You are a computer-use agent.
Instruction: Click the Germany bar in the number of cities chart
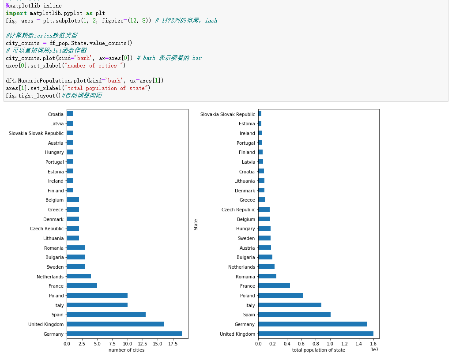pyautogui.click(x=124, y=334)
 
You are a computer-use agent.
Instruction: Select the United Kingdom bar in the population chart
pyautogui.click(x=316, y=334)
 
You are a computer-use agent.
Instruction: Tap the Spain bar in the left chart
pyautogui.click(x=106, y=315)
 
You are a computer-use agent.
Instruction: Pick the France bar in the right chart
pyautogui.click(x=274, y=286)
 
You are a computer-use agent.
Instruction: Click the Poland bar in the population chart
pyautogui.click(x=281, y=296)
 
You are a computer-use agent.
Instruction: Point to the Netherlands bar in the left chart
pyautogui.click(x=79, y=277)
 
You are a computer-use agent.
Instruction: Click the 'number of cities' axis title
pyautogui.click(x=126, y=350)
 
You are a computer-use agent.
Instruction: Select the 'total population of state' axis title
pyautogui.click(x=318, y=350)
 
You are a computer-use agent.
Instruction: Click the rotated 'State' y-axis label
pyautogui.click(x=196, y=225)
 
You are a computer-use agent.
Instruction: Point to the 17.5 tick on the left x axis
pyautogui.click(x=173, y=344)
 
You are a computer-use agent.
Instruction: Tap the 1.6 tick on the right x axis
pyautogui.click(x=373, y=344)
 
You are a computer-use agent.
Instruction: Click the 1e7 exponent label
pyautogui.click(x=374, y=350)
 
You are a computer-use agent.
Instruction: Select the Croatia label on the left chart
pyautogui.click(x=56, y=114)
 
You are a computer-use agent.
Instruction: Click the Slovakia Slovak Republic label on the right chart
pyautogui.click(x=228, y=114)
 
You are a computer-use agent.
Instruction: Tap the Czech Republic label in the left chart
pyautogui.click(x=47, y=229)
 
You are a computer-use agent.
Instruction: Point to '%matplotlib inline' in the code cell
pyautogui.click(x=34, y=6)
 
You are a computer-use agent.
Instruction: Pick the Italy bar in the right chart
pyautogui.click(x=290, y=305)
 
